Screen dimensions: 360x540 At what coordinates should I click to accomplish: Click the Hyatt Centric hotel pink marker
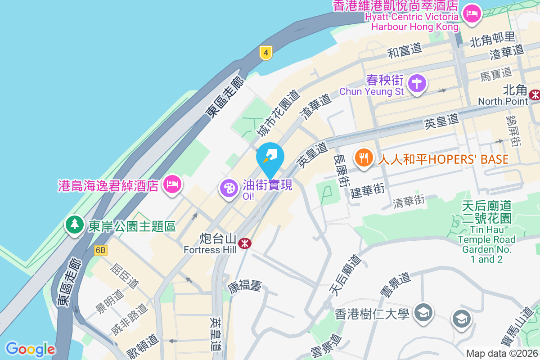pyautogui.click(x=472, y=13)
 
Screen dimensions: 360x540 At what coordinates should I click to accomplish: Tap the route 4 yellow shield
pyautogui.click(x=266, y=53)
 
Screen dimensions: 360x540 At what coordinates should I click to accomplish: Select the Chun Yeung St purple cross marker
pyautogui.click(x=417, y=83)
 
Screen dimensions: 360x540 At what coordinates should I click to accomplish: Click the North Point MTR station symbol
pyautogui.click(x=535, y=94)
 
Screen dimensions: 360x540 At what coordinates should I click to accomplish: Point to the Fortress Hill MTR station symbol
pyautogui.click(x=245, y=243)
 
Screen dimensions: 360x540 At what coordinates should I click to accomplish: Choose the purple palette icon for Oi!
pyautogui.click(x=229, y=188)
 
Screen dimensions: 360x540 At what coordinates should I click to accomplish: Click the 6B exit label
pyautogui.click(x=101, y=250)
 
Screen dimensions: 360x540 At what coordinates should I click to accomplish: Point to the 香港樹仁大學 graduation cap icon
pyautogui.click(x=423, y=312)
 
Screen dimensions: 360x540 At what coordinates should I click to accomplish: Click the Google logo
pyautogui.click(x=30, y=349)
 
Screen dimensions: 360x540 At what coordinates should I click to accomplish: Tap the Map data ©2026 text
pyautogui.click(x=502, y=354)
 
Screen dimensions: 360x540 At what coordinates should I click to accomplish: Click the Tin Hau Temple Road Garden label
pyautogui.click(x=486, y=233)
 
